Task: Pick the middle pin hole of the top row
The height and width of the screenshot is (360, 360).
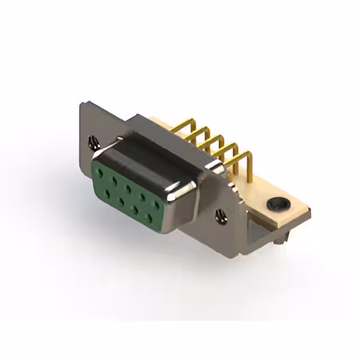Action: pyautogui.click(x=129, y=188)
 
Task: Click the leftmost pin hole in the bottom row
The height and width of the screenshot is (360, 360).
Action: pyautogui.click(x=107, y=193)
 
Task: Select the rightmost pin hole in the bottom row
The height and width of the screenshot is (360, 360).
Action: pyautogui.click(x=150, y=217)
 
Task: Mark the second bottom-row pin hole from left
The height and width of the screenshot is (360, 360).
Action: pyautogui.click(x=121, y=201)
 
